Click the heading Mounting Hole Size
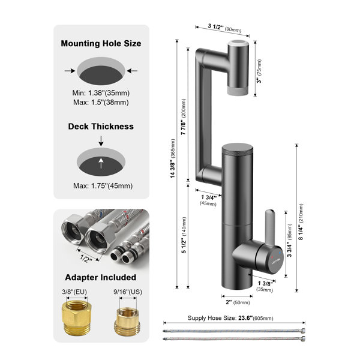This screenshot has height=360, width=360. [x=101, y=44]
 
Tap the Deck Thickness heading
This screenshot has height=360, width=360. [x=101, y=127]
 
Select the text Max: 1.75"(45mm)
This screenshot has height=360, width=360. [x=103, y=186]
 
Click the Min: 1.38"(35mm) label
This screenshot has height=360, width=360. [x=101, y=93]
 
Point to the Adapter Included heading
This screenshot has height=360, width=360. [x=101, y=277]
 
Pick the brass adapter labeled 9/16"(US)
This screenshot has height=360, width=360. [x=127, y=322]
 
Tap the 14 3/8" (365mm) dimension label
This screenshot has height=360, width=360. [x=173, y=158]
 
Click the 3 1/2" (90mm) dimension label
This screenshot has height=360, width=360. [x=224, y=28]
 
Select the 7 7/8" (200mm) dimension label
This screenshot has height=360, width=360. [x=184, y=117]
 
